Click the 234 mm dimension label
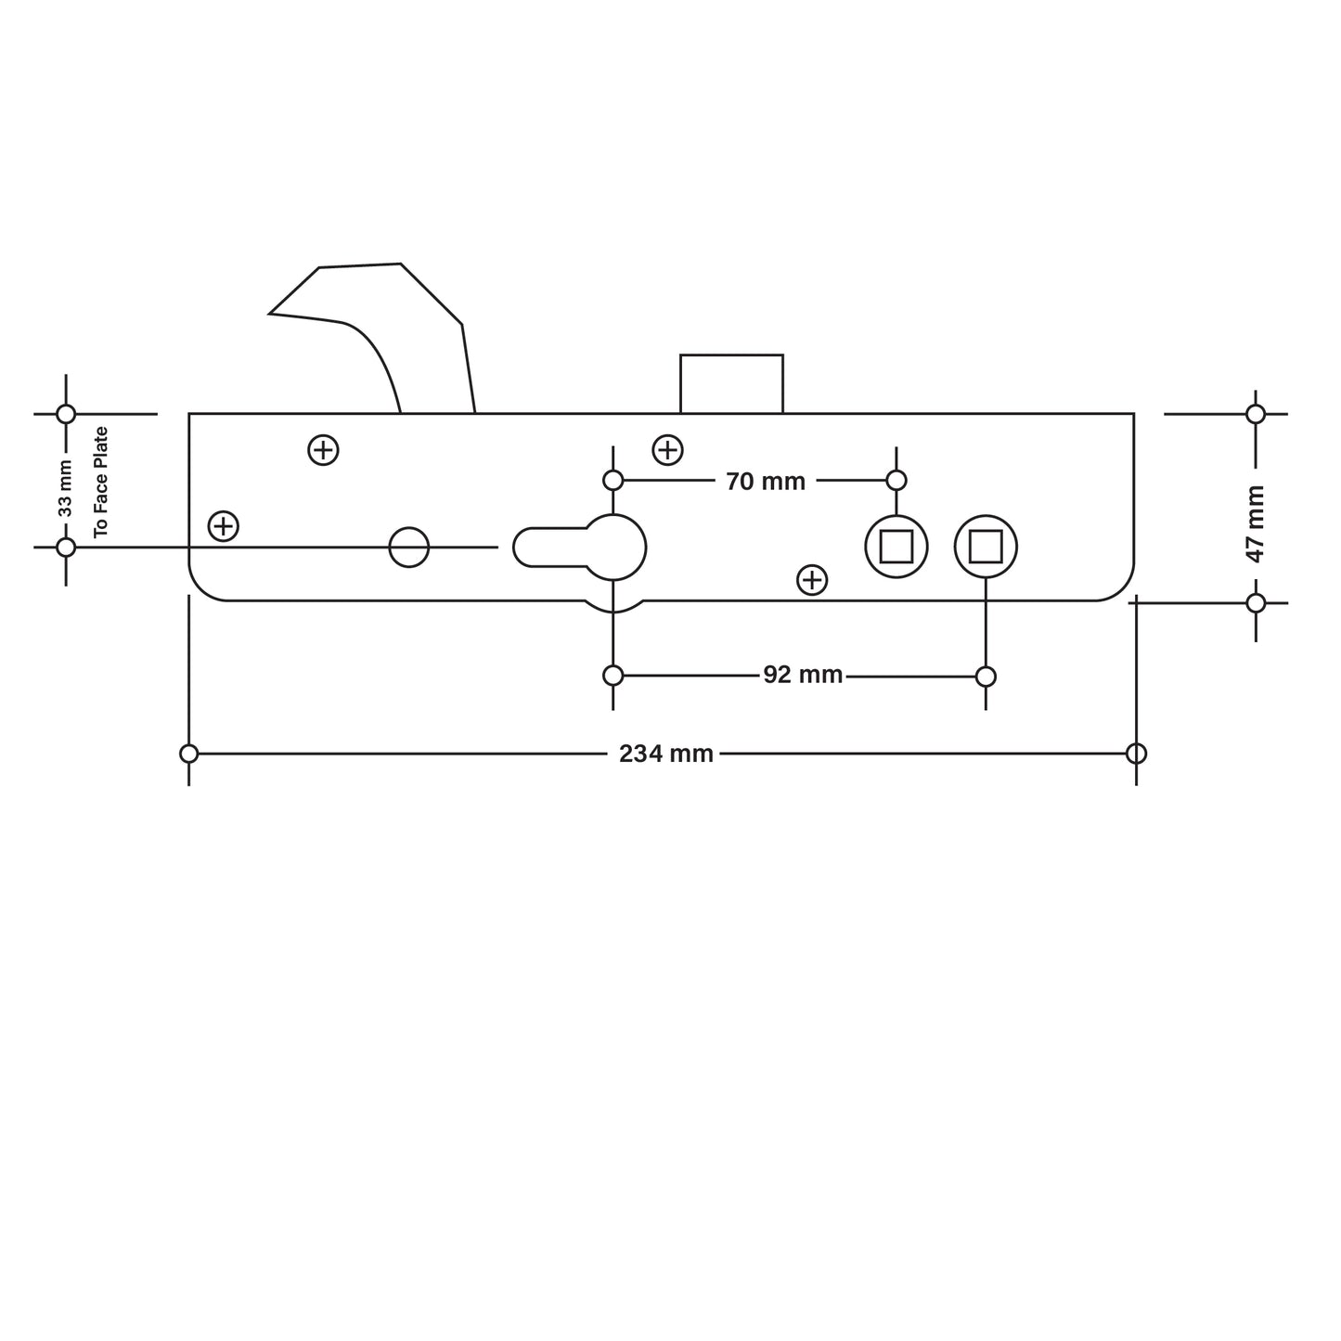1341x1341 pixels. (x=666, y=754)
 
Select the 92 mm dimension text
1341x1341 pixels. (x=803, y=675)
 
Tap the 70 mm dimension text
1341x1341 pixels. (x=766, y=481)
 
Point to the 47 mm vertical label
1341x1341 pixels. (x=1256, y=523)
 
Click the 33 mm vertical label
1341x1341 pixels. (x=65, y=488)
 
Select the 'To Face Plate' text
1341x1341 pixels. (x=101, y=481)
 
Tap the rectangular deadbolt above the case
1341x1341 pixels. (x=731, y=383)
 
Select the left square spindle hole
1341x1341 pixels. (x=896, y=547)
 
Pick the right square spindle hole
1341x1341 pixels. (x=986, y=547)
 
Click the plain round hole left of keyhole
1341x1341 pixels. (x=408, y=548)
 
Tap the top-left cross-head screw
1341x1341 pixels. (x=323, y=450)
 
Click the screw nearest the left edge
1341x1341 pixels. (x=223, y=526)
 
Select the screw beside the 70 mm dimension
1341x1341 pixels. (x=668, y=450)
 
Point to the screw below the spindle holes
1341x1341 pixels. (x=812, y=580)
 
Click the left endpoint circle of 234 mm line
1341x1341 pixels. (x=189, y=754)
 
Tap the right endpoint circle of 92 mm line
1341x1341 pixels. (x=986, y=676)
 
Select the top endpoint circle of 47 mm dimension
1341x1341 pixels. (x=1256, y=414)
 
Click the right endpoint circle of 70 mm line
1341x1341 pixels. (x=896, y=480)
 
